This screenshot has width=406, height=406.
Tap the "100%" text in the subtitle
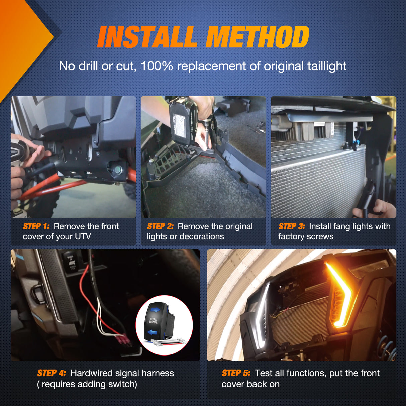(157, 66)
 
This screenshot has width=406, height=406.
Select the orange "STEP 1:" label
(36, 226)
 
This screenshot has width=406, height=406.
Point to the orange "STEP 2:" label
(160, 226)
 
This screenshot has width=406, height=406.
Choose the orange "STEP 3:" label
(292, 226)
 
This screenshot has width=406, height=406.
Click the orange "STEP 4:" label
(52, 373)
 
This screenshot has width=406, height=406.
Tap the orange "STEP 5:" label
(236, 373)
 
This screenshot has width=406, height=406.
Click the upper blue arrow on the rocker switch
(155, 310)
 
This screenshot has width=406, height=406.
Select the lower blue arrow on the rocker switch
(153, 332)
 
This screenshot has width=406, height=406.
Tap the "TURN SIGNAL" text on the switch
(153, 321)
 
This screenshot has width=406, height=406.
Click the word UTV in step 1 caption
(83, 236)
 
